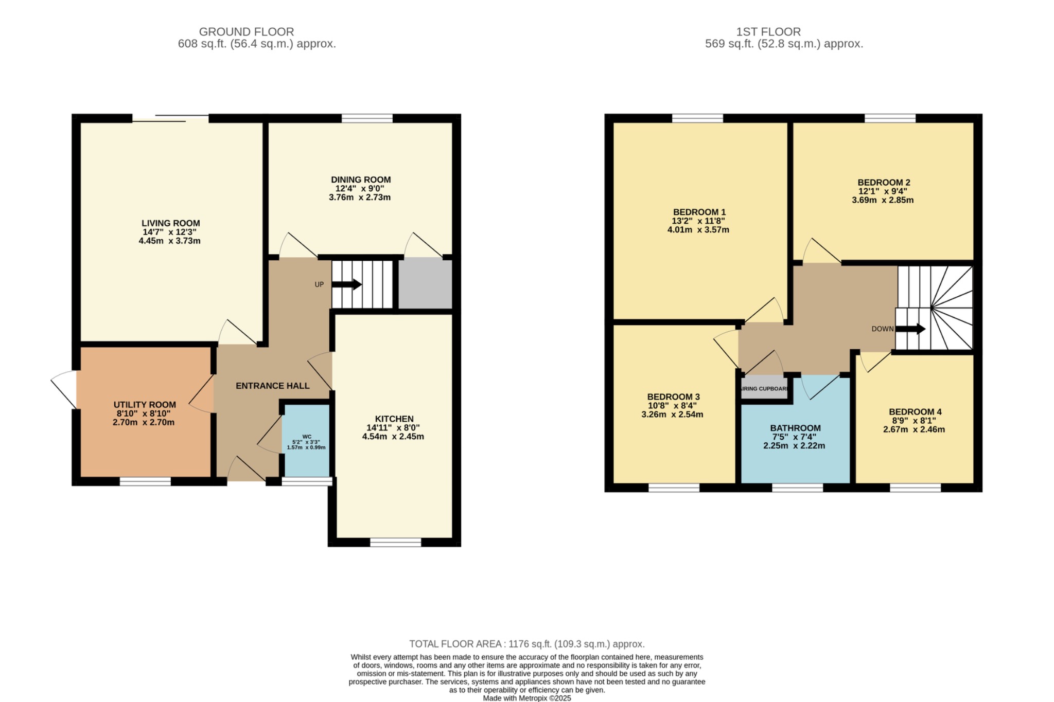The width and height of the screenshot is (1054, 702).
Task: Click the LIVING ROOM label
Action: pyautogui.click(x=170, y=223)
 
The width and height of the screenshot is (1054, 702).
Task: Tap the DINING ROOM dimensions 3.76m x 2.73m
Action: pyautogui.click(x=360, y=197)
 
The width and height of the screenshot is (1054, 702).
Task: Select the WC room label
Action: pyautogui.click(x=307, y=437)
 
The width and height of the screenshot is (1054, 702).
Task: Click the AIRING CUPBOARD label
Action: pyautogui.click(x=764, y=389)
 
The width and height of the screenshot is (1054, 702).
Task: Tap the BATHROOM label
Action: pyautogui.click(x=795, y=428)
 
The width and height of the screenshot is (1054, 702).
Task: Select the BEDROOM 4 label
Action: pyautogui.click(x=915, y=412)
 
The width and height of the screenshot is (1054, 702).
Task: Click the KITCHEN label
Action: pyautogui.click(x=394, y=419)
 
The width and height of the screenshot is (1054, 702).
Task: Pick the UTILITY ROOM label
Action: pyautogui.click(x=145, y=405)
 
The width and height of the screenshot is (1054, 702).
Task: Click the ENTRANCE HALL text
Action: pyautogui.click(x=272, y=386)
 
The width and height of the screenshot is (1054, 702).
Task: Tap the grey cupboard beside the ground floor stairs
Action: pyautogui.click(x=425, y=284)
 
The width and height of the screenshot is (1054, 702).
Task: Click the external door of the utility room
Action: pyautogui.click(x=64, y=389)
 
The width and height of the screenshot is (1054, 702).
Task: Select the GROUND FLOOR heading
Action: pyautogui.click(x=246, y=32)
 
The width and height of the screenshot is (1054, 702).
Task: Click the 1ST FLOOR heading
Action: pyautogui.click(x=768, y=32)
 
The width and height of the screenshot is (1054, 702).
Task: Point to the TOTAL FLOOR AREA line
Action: pyautogui.click(x=526, y=644)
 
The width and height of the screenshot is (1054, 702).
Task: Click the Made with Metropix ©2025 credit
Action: pyautogui.click(x=526, y=698)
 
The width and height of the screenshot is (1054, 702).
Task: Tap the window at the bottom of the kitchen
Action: pyautogui.click(x=395, y=542)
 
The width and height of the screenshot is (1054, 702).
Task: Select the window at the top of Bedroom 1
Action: pyautogui.click(x=697, y=118)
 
